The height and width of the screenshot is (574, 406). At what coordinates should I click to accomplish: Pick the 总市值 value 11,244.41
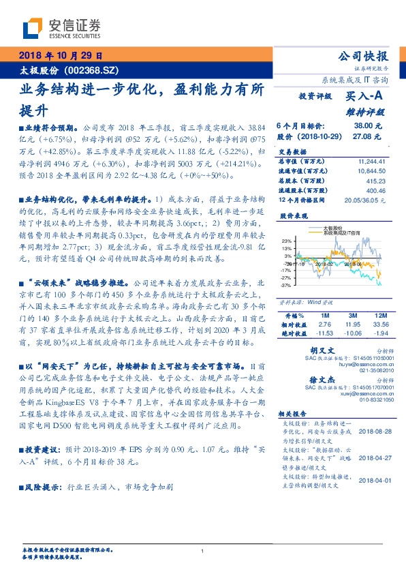[x=373, y=161]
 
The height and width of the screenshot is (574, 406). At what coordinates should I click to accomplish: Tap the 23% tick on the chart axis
[x=286, y=240]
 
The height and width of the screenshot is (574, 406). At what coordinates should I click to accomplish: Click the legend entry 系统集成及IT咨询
[x=341, y=232]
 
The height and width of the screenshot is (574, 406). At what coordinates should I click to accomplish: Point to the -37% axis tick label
[x=285, y=285]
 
